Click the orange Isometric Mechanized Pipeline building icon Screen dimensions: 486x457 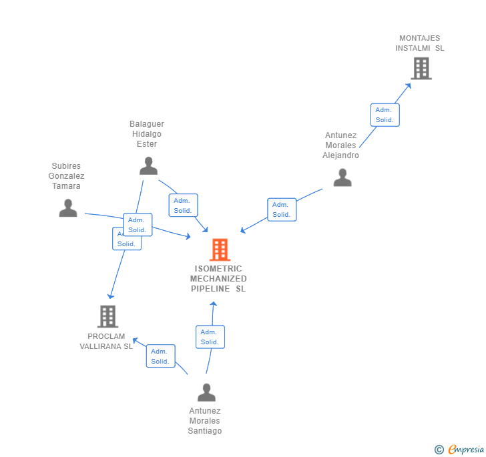(x=220, y=250)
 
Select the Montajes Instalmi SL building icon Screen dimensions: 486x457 (x=421, y=68)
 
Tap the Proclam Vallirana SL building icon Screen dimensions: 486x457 (x=107, y=316)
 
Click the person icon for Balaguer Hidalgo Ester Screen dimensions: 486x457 (x=148, y=165)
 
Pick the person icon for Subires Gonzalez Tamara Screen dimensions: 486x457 (x=67, y=208)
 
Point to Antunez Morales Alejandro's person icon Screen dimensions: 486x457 (x=342, y=177)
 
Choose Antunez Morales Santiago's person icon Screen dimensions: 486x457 (x=206, y=392)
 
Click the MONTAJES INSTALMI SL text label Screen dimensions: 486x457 (x=419, y=43)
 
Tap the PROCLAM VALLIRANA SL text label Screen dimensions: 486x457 (x=106, y=341)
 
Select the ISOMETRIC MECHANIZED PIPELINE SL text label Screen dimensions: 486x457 (x=218, y=279)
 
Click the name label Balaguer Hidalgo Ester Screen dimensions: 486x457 (x=147, y=134)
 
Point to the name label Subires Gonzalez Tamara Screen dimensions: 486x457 (x=66, y=176)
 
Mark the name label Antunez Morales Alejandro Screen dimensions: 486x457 (x=341, y=145)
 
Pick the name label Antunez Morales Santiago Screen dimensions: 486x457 (x=205, y=421)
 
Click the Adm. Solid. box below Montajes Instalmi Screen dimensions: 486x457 (x=385, y=115)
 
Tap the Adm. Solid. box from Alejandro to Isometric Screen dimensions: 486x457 (x=281, y=209)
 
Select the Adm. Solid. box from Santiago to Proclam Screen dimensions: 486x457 (x=160, y=356)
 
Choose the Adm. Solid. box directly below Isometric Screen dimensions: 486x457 (x=210, y=337)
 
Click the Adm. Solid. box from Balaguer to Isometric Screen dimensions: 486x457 (x=183, y=205)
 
